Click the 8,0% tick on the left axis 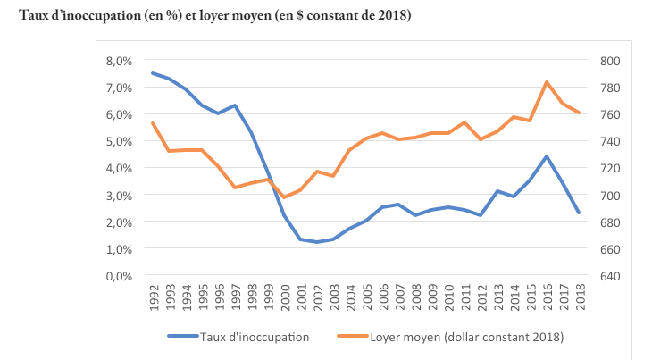pyautogui.click(x=119, y=61)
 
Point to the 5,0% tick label pyautogui.click(x=119, y=141)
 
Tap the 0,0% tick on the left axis pyautogui.click(x=119, y=275)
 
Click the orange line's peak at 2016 pyautogui.click(x=546, y=82)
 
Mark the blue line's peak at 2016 pyautogui.click(x=546, y=156)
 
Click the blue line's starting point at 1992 pyautogui.click(x=153, y=73)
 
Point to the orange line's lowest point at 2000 pyautogui.click(x=284, y=197)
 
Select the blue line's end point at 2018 pyautogui.click(x=579, y=213)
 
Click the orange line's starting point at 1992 pyautogui.click(x=153, y=123)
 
